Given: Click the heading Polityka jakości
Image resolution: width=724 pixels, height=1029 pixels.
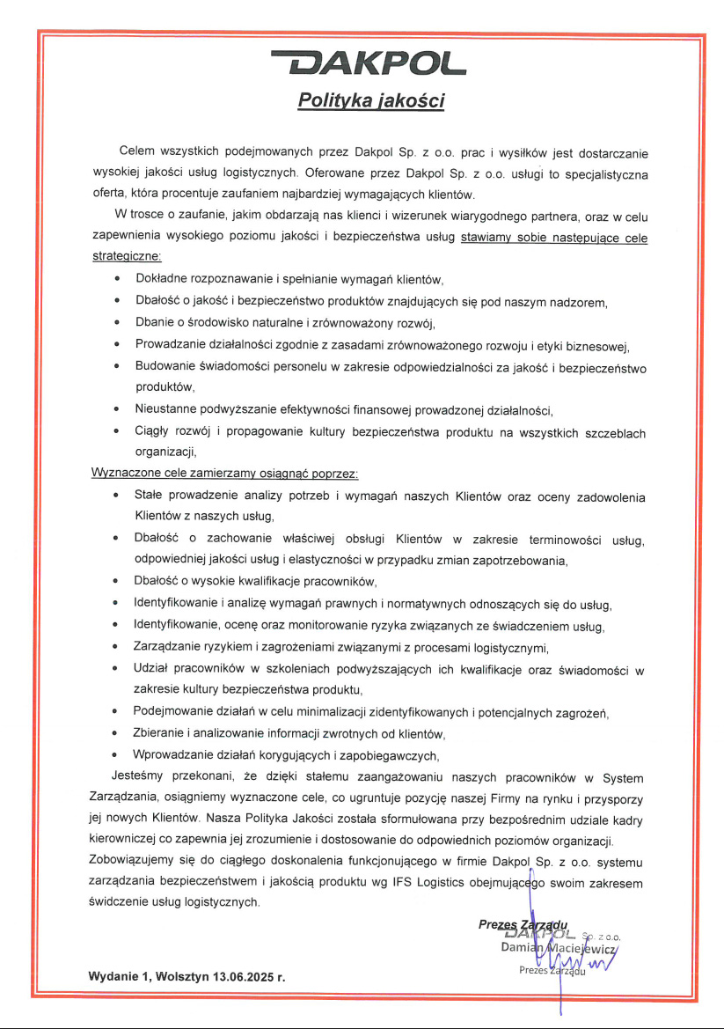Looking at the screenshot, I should [x=370, y=101].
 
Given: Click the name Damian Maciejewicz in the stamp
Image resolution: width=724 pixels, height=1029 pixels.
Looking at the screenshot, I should [x=558, y=948].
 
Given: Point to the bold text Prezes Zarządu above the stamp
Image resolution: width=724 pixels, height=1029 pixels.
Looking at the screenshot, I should [x=524, y=924].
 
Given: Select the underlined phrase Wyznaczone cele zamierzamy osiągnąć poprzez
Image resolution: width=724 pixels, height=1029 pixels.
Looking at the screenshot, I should [x=224, y=473].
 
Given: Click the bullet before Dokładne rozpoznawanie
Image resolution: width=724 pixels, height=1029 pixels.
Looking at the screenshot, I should [x=117, y=279].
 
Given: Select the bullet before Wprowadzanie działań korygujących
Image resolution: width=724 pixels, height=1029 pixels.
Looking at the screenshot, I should [x=117, y=754].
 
